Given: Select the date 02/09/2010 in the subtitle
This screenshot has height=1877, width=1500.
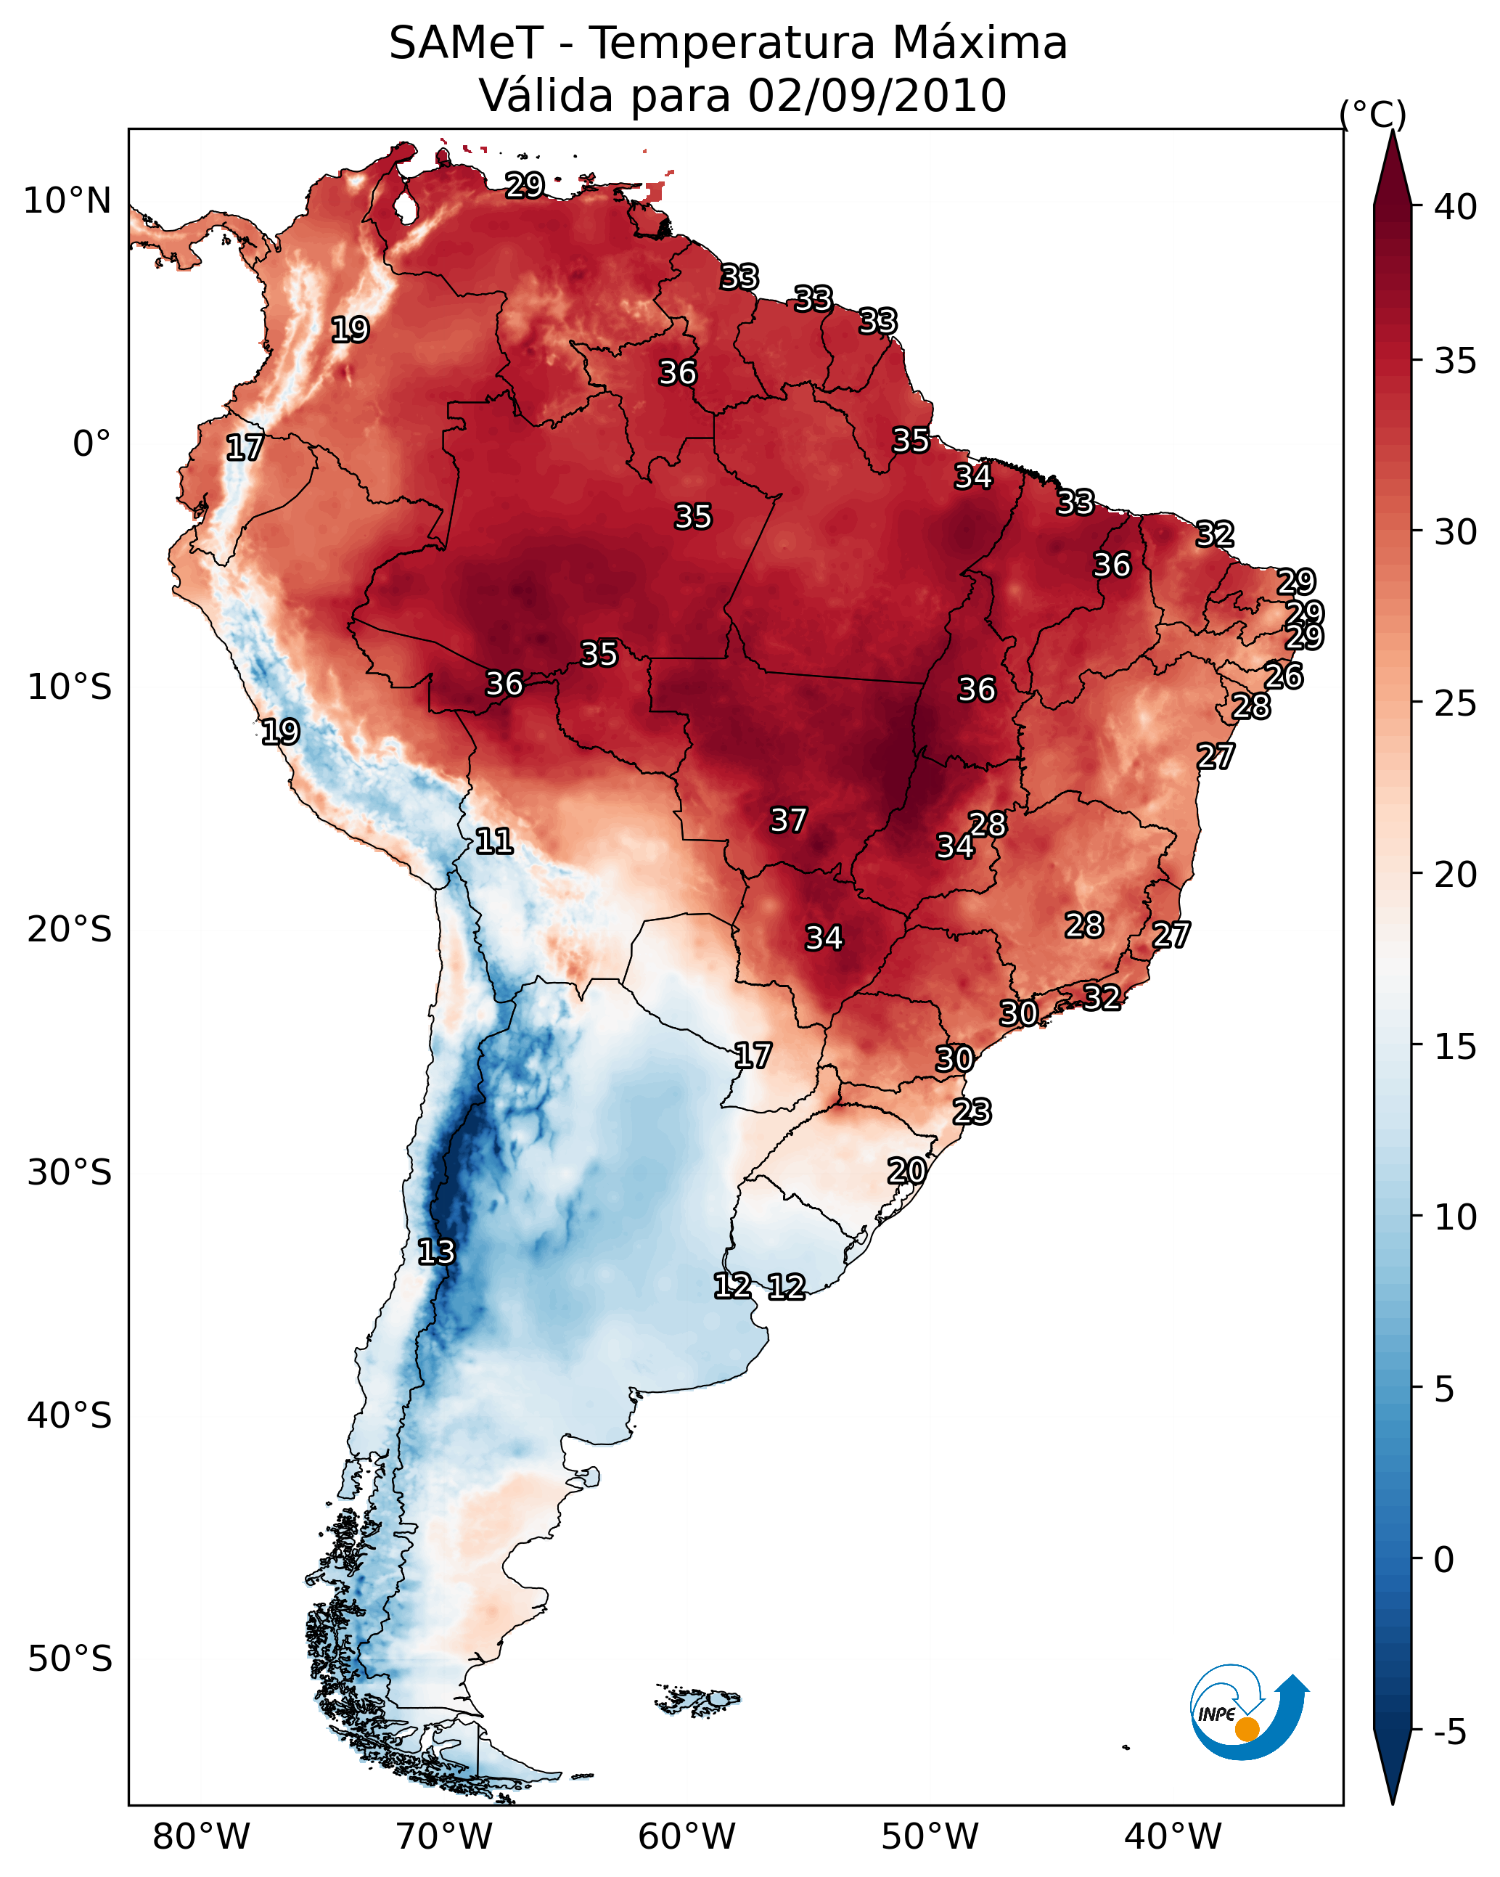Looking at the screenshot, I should tap(877, 96).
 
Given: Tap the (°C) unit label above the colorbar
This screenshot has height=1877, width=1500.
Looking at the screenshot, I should tap(1373, 114).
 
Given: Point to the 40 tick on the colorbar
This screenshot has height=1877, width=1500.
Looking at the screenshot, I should tap(1456, 207).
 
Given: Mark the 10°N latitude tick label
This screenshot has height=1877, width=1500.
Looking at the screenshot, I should tap(67, 201).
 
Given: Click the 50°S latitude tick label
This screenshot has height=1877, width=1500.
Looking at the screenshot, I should tap(70, 1659).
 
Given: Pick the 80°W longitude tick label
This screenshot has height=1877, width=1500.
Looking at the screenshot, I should tap(201, 1837).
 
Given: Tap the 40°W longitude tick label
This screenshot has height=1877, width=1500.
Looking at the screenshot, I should tap(1173, 1837).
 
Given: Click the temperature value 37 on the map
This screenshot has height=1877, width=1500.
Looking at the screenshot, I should tap(789, 820).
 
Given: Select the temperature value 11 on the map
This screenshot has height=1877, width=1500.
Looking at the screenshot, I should tap(493, 841).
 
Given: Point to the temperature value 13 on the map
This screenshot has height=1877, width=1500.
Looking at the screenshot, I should tap(436, 1252).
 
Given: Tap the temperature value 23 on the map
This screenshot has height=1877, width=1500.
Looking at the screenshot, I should tap(972, 1112).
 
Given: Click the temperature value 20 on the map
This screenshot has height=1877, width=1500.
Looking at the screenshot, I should tap(906, 1171).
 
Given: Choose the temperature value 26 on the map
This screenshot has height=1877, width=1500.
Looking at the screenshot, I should tap(1283, 676).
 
